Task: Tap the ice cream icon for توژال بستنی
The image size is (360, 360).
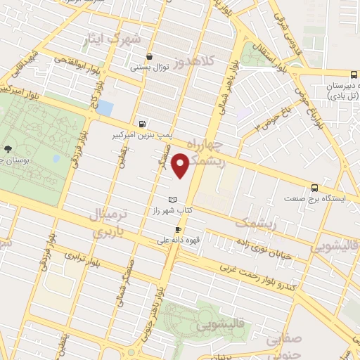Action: point(149,57)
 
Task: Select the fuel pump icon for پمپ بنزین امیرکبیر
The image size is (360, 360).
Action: point(143,122)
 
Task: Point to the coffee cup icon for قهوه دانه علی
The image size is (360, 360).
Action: point(178,229)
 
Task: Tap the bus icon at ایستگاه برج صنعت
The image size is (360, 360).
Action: point(314,187)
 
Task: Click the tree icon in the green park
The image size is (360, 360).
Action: point(7,149)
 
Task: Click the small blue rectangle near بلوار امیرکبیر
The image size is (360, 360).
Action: point(105,108)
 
